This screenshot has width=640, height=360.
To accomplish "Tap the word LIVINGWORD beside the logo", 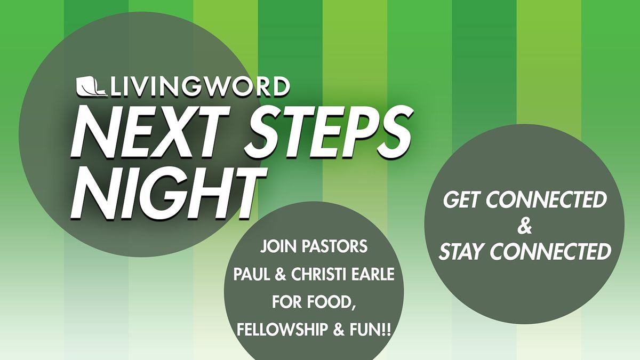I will point(201,87).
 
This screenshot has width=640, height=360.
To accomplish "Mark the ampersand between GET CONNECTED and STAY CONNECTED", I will point(524,226).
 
